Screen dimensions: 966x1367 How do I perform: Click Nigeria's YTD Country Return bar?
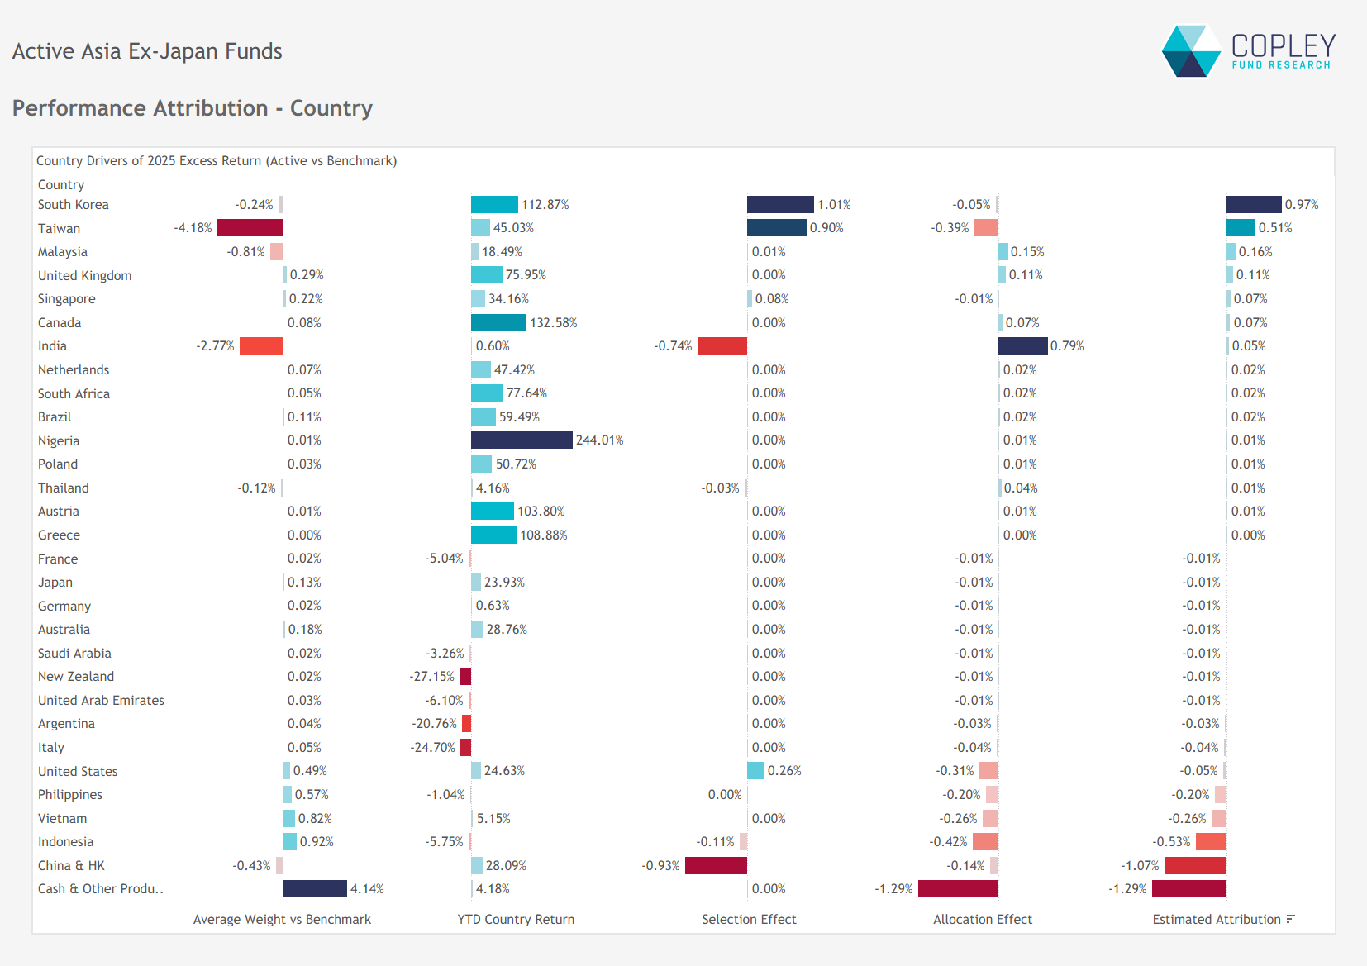point(522,440)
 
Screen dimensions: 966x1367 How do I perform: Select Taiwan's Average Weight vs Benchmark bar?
point(250,227)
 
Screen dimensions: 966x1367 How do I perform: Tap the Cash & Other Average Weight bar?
point(314,888)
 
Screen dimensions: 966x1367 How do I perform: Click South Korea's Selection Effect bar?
point(780,204)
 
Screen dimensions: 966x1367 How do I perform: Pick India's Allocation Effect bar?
point(1022,345)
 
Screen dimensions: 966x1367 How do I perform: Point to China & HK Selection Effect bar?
point(716,865)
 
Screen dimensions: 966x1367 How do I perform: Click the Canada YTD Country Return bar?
point(498,322)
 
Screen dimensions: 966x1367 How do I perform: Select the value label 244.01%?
point(599,440)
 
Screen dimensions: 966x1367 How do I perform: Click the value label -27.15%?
point(431,677)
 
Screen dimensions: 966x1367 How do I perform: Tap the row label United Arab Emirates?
point(101,701)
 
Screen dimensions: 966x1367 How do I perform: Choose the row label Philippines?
point(70,795)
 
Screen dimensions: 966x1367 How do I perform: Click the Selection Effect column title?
point(749,919)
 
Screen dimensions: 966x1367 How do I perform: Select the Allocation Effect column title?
point(982,919)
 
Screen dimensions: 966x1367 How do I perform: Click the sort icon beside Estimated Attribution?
point(1291,919)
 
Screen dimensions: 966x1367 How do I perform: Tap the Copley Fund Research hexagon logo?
point(1190,51)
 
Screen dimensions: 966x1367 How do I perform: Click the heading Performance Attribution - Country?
point(192,108)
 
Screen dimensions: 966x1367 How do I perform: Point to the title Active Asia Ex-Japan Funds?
point(147,51)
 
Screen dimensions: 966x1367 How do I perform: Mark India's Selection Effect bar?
point(722,345)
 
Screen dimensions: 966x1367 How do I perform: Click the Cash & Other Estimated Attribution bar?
point(1188,888)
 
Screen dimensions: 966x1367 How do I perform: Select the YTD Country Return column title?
point(516,919)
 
